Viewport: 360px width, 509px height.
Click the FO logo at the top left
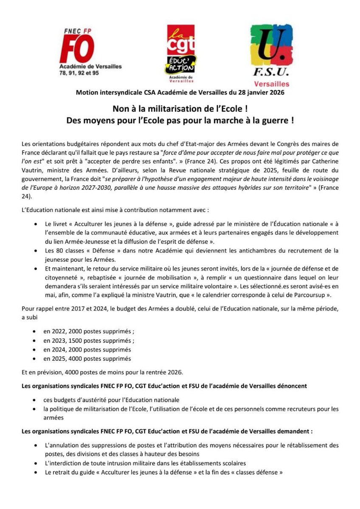[77, 49]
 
